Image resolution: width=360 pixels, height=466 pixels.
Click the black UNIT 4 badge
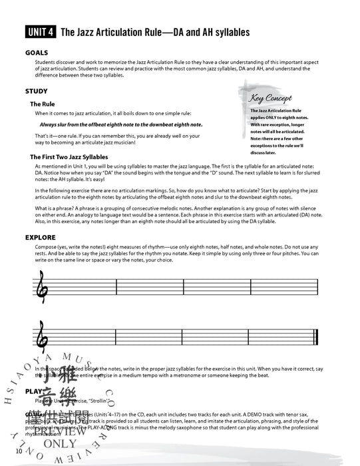point(41,31)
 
